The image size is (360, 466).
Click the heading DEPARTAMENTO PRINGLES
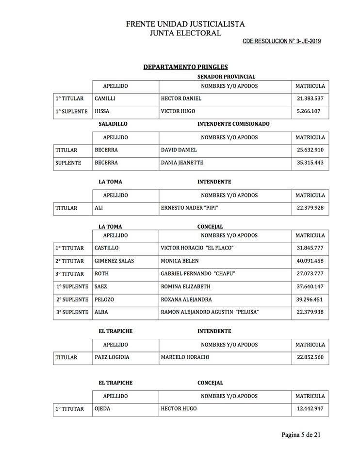pos(185,67)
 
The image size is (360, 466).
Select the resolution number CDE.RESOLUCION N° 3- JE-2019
pos(281,42)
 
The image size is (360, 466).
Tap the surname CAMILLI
pos(105,99)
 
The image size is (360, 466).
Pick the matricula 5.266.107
pos(310,111)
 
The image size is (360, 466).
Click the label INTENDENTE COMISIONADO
pos(233,124)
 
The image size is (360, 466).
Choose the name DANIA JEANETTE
pos(182,163)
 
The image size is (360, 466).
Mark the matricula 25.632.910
pos(310,150)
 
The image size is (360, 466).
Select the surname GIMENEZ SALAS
pos(114,261)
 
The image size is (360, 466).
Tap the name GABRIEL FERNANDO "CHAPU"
pos(197,273)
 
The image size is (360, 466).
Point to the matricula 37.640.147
pos(310,286)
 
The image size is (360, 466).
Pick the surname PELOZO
pos(105,299)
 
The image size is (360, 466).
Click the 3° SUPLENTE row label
pos(72,312)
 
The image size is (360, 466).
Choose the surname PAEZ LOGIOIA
pos(112,357)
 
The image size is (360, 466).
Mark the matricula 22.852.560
pos(310,357)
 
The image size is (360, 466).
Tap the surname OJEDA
pos(102,409)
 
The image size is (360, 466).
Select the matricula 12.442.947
pos(310,409)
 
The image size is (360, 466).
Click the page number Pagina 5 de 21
pos(301,434)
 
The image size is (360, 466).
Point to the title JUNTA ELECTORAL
pos(185,33)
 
